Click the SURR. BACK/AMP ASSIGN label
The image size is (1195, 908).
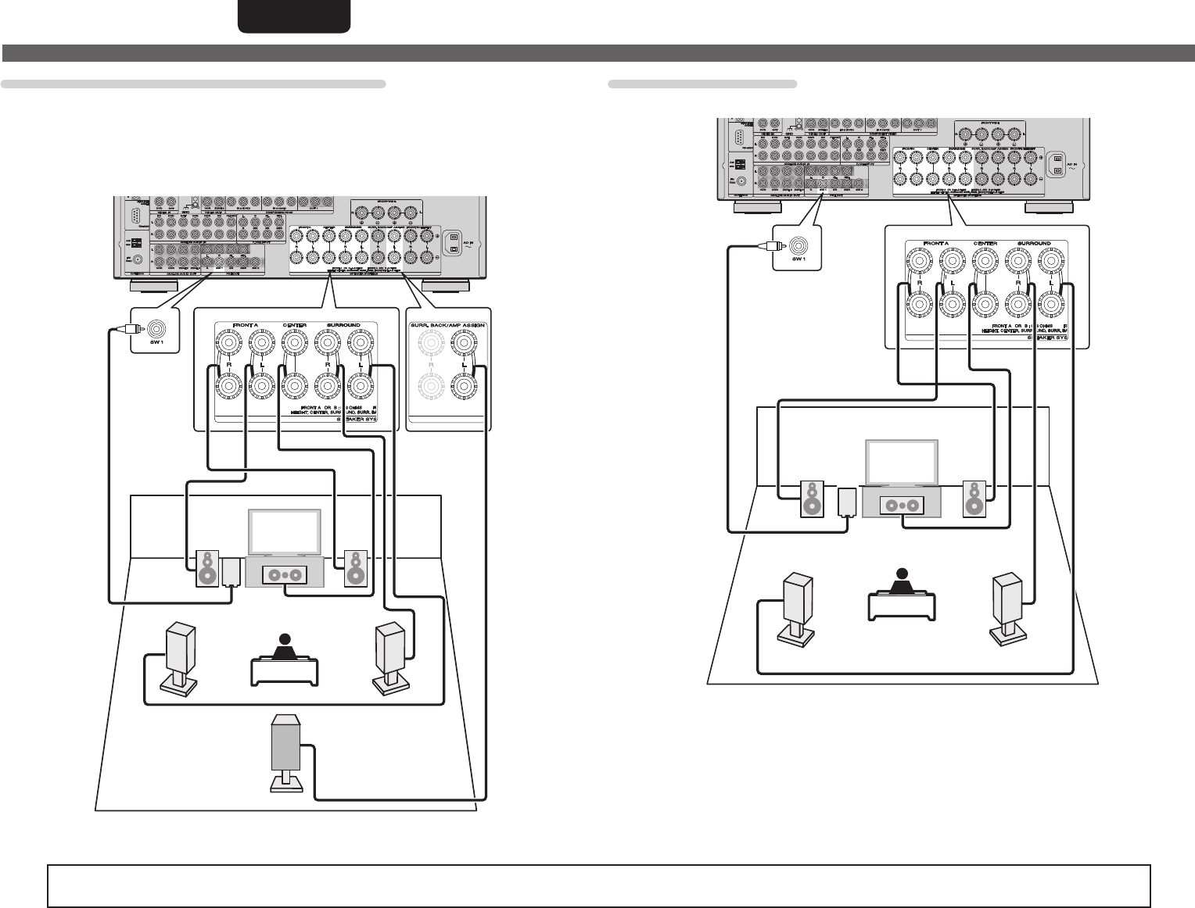pos(449,324)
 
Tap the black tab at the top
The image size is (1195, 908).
pos(294,16)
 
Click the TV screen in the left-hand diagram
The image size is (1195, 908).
pos(285,532)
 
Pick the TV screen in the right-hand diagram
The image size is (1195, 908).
pos(900,463)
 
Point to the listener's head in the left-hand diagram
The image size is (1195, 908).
pos(285,640)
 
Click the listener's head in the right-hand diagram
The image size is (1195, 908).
pos(903,574)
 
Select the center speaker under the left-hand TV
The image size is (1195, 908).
pos(285,574)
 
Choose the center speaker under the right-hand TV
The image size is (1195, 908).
pos(902,506)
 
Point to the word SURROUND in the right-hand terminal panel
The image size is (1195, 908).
pos(1034,244)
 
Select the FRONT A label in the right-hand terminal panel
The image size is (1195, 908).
pos(936,244)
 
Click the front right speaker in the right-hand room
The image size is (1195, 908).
pos(974,499)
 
